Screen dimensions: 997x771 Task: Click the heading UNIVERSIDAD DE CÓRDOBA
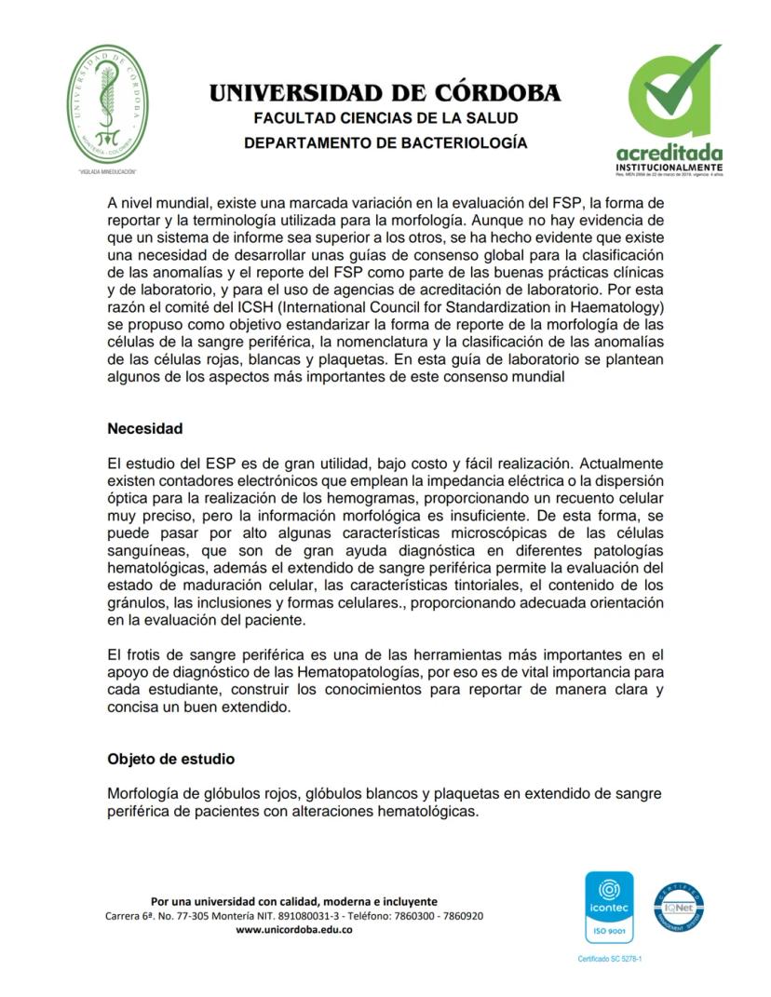(x=385, y=93)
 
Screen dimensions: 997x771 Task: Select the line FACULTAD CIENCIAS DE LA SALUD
(x=385, y=118)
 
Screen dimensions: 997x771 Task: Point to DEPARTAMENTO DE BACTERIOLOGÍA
(x=385, y=143)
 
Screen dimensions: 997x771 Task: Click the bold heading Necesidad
(x=144, y=429)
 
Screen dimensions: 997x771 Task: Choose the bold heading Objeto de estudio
(x=170, y=759)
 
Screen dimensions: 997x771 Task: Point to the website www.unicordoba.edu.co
(x=293, y=930)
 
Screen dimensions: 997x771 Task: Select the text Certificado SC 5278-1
(x=610, y=958)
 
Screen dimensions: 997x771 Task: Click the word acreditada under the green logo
(x=669, y=152)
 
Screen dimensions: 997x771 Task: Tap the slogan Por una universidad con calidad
(x=293, y=901)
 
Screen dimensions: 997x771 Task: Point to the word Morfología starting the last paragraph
(x=144, y=793)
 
